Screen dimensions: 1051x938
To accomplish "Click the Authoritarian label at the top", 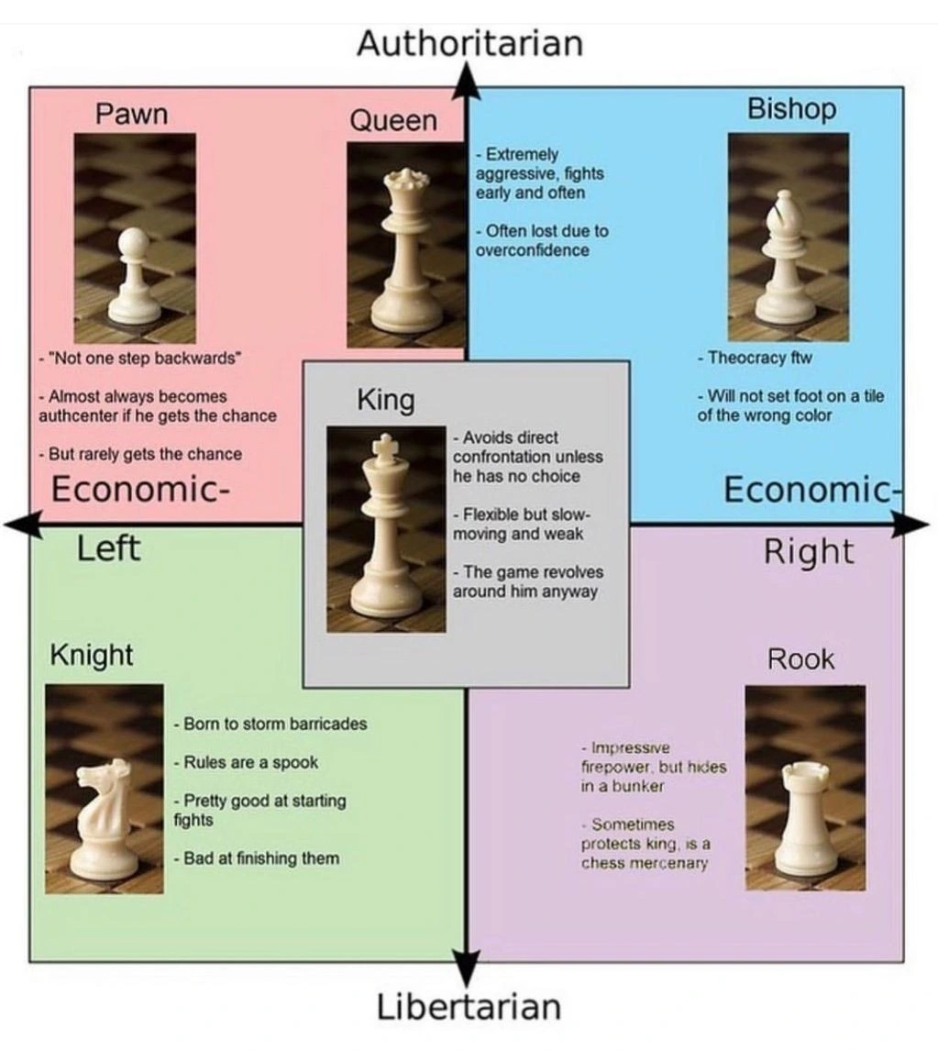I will pos(469,43).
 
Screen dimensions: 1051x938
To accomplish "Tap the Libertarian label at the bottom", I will pos(469,1006).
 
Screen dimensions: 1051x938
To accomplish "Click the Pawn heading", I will pos(132,115).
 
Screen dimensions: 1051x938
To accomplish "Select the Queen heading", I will pos(393,120).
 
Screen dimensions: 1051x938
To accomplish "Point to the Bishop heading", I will pos(791,109).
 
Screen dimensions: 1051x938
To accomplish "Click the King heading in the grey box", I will pos(385,400).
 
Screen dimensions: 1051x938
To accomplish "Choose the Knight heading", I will pos(91,655).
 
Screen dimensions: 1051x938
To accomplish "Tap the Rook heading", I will pos(800,658).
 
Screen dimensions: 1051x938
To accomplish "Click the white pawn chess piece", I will pos(134,275).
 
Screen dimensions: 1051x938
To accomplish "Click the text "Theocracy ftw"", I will pos(755,358).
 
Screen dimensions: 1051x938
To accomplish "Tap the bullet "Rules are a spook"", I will pos(246,762).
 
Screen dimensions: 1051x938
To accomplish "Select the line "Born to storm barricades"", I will pos(270,724).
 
